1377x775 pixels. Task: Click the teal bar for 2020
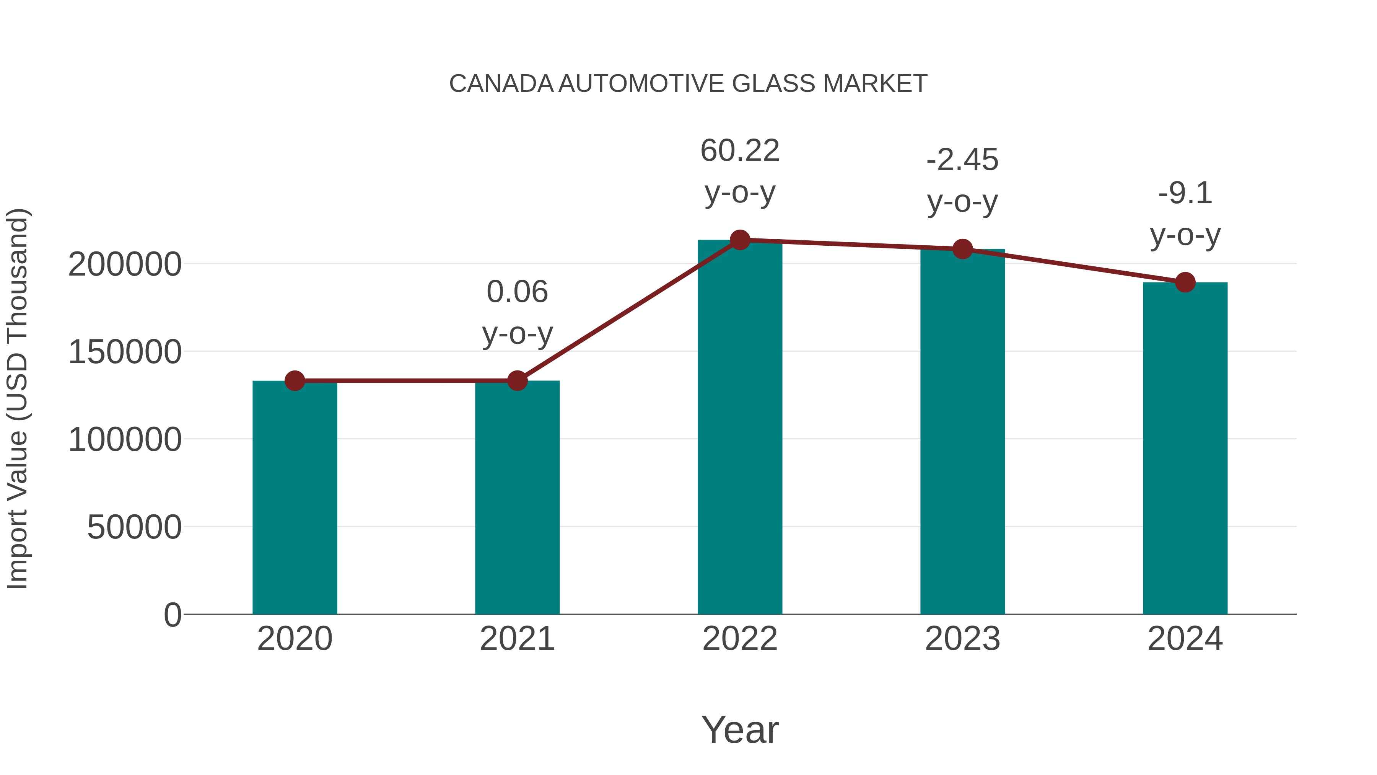[x=295, y=498]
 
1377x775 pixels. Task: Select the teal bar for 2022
[x=740, y=428]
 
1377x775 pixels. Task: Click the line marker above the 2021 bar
[x=517, y=381]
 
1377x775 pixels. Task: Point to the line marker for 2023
[x=962, y=249]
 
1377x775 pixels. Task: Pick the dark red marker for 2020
[x=295, y=381]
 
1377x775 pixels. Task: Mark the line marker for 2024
[x=1185, y=282]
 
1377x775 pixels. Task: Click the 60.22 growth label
[x=740, y=150]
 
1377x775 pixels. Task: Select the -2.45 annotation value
[x=962, y=160]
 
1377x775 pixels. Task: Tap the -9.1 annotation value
[x=1185, y=193]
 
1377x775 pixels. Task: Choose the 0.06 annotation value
[x=517, y=292]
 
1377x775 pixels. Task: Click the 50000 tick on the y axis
[x=134, y=527]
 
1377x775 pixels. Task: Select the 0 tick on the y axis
[x=173, y=615]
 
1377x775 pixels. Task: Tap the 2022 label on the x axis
[x=740, y=639]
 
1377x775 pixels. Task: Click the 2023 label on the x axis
[x=962, y=639]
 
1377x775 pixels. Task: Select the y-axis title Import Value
[x=17, y=398]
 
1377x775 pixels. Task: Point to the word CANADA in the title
[x=501, y=84]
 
